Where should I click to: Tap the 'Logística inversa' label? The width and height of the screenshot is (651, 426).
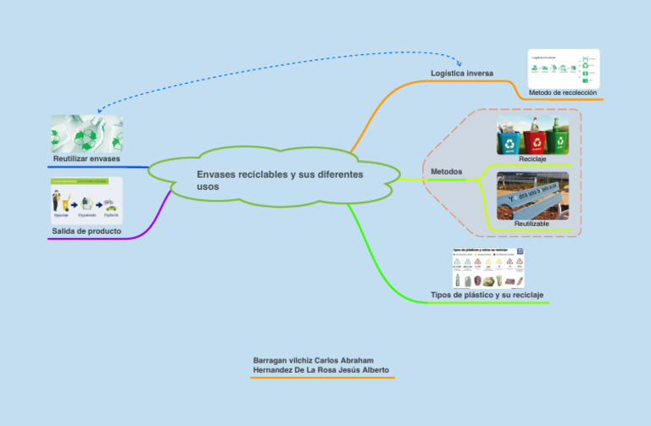click(461, 74)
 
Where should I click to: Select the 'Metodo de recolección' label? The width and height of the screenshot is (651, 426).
click(563, 92)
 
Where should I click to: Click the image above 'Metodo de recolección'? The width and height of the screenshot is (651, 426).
click(563, 67)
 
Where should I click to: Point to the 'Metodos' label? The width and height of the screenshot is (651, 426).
click(446, 172)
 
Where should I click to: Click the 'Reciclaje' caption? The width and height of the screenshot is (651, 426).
click(532, 159)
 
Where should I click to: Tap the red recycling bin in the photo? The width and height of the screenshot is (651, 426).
click(535, 141)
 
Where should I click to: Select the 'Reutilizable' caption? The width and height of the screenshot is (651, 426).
click(531, 224)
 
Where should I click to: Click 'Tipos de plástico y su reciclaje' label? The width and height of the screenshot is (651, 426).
click(487, 295)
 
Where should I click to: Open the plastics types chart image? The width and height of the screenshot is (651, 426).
click(489, 268)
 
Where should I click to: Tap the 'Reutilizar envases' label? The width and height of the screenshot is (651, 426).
click(86, 159)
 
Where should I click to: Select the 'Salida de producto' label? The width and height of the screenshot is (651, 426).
click(86, 230)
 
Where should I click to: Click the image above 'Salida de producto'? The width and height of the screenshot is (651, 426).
click(86, 200)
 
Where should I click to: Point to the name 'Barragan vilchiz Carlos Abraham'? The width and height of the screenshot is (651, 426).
click(313, 360)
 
